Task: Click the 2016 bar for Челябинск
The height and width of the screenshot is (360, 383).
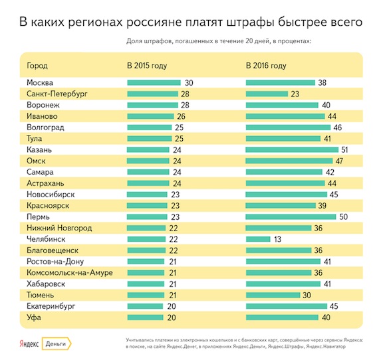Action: (258, 239)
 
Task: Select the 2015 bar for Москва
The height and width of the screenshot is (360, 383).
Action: (153, 82)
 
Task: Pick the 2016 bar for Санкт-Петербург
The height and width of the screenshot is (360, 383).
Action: (269, 94)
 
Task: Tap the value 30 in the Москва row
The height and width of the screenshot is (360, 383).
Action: (188, 82)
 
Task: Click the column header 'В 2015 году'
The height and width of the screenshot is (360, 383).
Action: (147, 66)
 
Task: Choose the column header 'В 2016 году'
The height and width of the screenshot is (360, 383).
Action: (266, 66)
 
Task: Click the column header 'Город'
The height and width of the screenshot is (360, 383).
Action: (37, 66)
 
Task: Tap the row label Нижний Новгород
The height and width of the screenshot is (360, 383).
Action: (59, 228)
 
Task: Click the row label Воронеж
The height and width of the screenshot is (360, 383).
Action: (45, 105)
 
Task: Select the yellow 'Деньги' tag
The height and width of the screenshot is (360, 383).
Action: (57, 344)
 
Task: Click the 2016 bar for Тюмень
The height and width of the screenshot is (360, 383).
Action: (273, 295)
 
